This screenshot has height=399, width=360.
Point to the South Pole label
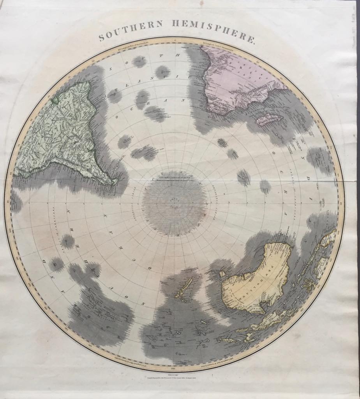(x=174, y=201)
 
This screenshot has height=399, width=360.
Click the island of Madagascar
(x=269, y=119)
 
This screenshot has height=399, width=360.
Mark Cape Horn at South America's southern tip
(x=114, y=182)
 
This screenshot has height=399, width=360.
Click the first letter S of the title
(x=101, y=38)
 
